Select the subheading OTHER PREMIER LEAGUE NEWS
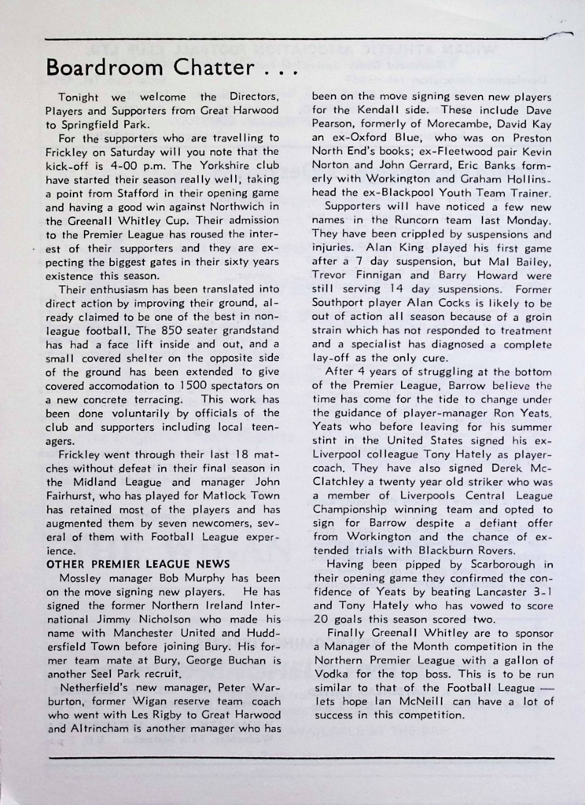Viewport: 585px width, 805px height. tap(138, 564)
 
